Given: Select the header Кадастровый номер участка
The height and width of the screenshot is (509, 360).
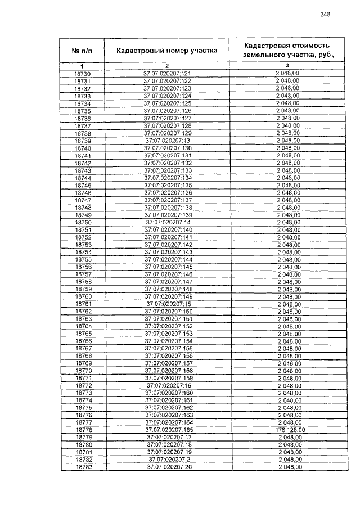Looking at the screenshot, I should coord(166,51).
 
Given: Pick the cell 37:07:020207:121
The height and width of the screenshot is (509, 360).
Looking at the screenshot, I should coord(167,74).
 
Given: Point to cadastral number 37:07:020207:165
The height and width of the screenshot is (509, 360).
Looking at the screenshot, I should coord(168,429).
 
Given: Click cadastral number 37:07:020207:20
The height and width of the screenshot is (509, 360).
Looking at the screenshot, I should coord(169,467).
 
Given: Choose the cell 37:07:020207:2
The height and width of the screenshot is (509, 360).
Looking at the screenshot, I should coord(169,459).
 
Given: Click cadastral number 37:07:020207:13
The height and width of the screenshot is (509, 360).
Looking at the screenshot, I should coord(168,140).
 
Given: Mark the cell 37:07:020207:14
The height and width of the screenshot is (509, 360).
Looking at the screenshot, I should coord(168,222).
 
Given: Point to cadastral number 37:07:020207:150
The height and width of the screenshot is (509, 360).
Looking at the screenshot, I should coord(168,311).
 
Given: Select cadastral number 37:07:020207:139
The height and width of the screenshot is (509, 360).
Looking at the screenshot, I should coord(168,215).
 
